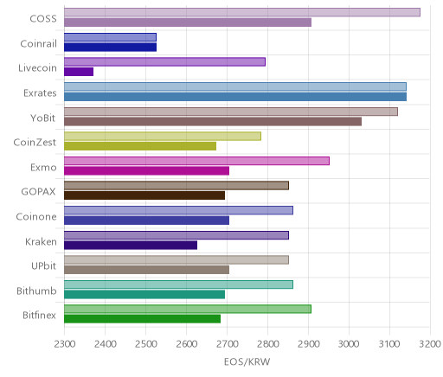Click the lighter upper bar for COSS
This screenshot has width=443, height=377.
pos(242,12)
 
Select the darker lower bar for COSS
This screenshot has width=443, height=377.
pos(188,22)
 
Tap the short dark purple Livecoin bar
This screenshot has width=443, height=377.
pos(79,72)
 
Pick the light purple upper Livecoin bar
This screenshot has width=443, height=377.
pos(164,61)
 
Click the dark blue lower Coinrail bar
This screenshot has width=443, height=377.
pos(110,47)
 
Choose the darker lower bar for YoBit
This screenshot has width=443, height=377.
pos(213,121)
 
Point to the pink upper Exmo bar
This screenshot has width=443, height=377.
pos(196,161)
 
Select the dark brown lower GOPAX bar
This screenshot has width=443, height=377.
pos(144,195)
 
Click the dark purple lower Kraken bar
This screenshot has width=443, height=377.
pos(131,246)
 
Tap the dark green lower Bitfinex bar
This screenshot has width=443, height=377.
pos(142,319)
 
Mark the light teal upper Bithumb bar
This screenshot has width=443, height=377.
pos(178,284)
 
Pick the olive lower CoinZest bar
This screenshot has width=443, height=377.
pos(140,146)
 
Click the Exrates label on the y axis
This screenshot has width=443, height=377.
pos(40,93)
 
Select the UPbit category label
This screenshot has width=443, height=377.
pos(43,265)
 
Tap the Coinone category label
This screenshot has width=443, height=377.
pos(36,216)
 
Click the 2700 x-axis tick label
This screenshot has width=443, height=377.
pos(228,344)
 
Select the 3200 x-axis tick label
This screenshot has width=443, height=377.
pos(430,344)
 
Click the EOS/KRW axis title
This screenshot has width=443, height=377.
pos(247,361)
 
